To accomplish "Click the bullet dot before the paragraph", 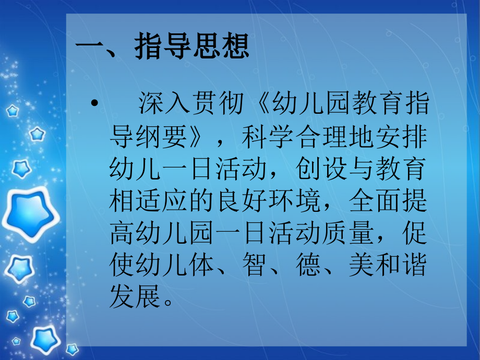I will coord(94,104).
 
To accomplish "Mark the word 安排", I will coord(402,137).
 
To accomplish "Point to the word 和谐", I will coord(402,266).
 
